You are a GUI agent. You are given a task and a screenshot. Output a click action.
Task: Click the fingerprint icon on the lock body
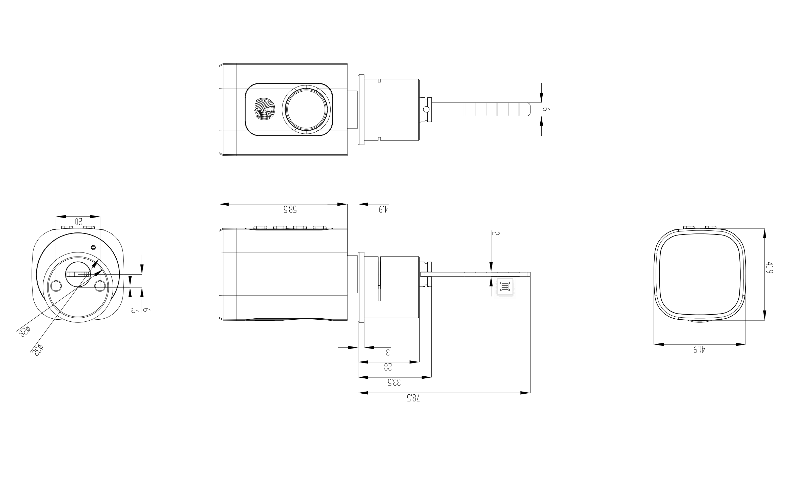click(x=265, y=109)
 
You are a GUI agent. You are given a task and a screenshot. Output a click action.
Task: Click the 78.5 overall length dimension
click(x=413, y=398)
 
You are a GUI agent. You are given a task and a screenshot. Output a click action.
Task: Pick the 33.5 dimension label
click(x=394, y=382)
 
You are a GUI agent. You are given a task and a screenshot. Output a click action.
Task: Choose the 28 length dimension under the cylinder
click(x=388, y=367)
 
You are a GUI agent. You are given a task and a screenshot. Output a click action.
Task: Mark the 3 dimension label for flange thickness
click(x=388, y=352)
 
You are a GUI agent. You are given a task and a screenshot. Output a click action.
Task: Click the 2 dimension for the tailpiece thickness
click(x=496, y=233)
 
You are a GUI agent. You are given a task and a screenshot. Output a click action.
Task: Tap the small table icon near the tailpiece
click(x=505, y=287)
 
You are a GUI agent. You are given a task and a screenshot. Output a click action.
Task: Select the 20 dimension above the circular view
click(x=78, y=221)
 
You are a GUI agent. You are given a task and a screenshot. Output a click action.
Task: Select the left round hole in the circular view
click(x=56, y=286)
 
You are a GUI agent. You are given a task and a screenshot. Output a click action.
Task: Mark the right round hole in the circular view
click(x=100, y=286)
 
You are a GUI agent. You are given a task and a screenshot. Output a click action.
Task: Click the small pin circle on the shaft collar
click(x=426, y=109)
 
